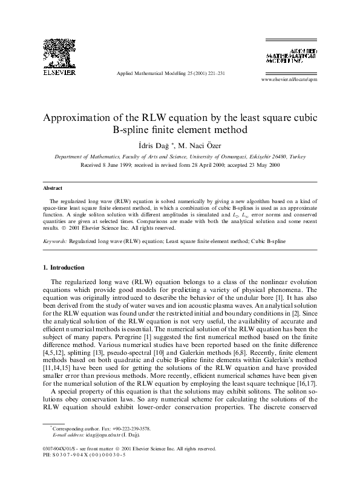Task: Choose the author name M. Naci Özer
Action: pos(207,144)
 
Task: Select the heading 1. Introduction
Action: pos(64,267)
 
